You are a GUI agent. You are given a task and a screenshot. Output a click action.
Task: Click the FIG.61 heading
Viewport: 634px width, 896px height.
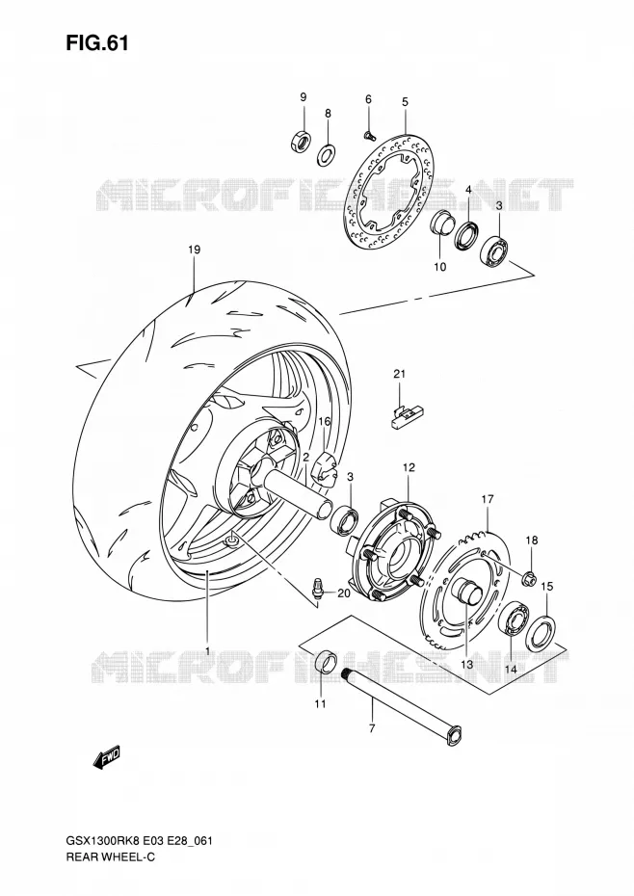coord(97,43)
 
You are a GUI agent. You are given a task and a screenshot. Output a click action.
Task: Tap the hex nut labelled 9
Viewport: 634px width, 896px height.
coord(300,141)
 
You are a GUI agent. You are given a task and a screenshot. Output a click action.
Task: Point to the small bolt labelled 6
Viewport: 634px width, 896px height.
coord(369,135)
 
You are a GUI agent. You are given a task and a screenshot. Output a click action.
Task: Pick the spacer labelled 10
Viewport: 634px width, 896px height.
coord(441,223)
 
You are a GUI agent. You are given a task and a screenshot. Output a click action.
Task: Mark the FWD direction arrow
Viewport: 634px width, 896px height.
coord(106,758)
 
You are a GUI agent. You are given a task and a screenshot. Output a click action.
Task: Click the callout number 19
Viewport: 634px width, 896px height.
coord(195,250)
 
